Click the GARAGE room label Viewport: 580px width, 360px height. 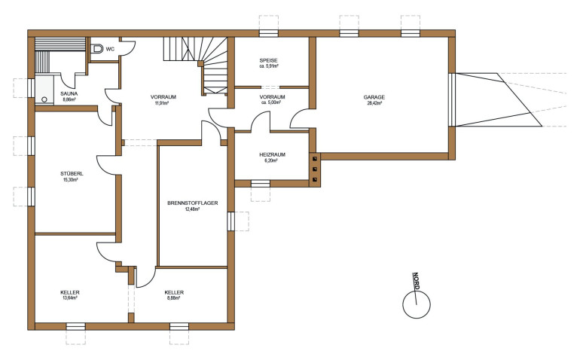tap(374, 97)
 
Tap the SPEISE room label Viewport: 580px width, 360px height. tap(269, 60)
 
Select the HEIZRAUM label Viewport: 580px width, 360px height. tap(272, 154)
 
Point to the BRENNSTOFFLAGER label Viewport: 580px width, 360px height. tap(192, 203)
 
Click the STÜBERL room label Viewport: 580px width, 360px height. tap(72, 173)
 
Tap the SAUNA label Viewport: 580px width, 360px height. tap(69, 94)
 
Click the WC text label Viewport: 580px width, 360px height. tap(110, 49)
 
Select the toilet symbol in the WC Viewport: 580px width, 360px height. tap(97, 48)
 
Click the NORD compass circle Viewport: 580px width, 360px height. tap(417, 304)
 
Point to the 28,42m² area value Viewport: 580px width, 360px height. tap(374, 103)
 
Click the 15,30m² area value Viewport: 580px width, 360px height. tap(71, 180)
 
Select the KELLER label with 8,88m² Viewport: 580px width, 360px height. tap(174, 292)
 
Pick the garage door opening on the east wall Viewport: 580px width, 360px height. tap(452, 99)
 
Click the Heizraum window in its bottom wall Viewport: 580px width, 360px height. tap(261, 184)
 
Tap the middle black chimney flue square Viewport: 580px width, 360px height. tap(314, 169)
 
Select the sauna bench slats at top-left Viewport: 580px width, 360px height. tap(60, 44)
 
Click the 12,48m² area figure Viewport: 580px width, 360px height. tap(192, 209)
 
